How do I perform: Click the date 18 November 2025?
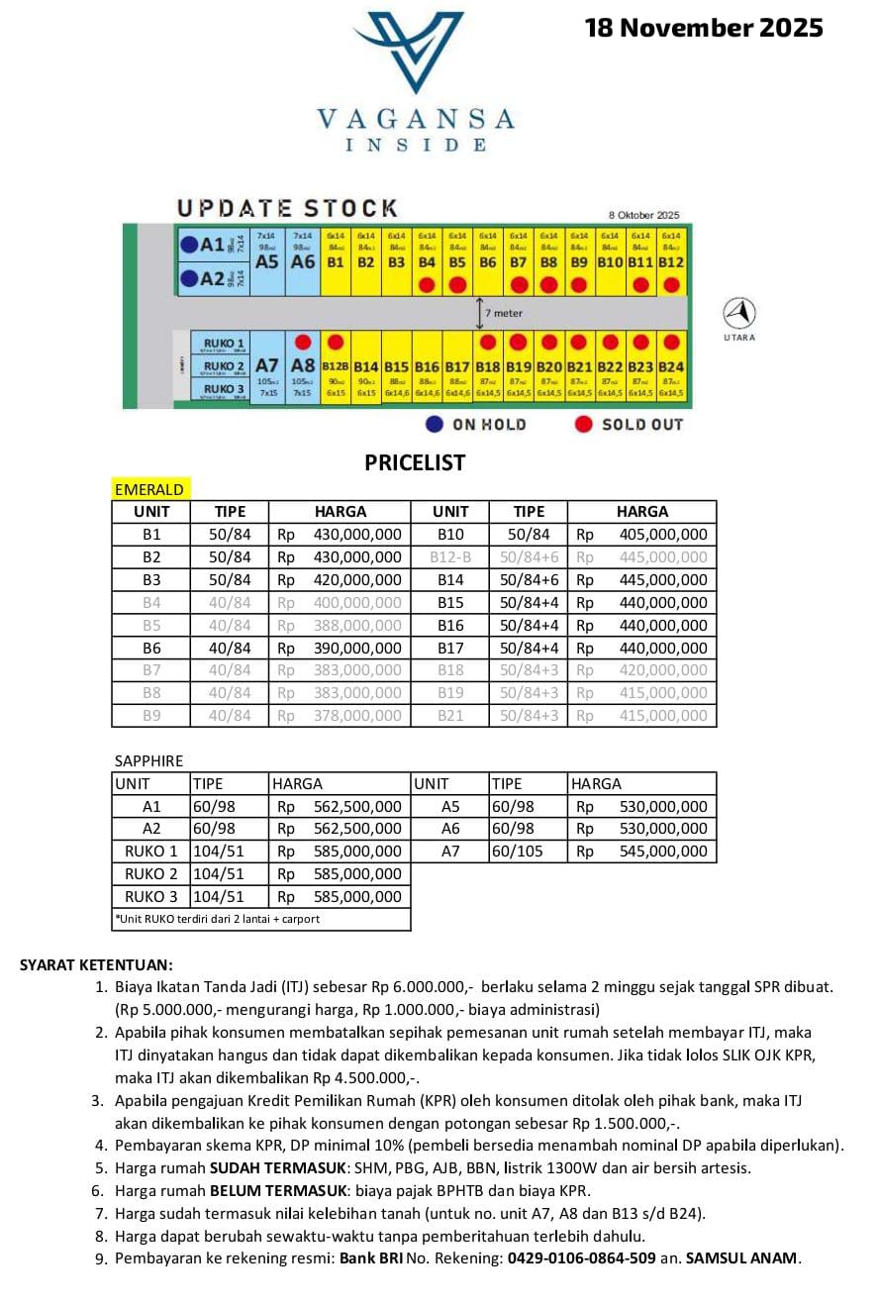tap(704, 28)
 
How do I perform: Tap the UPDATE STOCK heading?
tap(287, 208)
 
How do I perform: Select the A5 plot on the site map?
tap(267, 261)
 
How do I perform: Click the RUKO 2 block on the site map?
tap(225, 366)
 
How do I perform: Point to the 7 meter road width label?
tap(504, 313)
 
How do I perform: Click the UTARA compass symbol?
tap(739, 314)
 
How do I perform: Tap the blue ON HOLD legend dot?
tap(434, 424)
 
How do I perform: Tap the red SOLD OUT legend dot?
tap(584, 424)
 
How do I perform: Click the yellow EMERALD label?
tap(148, 489)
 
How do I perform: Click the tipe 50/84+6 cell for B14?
tap(529, 580)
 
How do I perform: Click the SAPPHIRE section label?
tap(149, 761)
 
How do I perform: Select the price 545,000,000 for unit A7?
tap(663, 852)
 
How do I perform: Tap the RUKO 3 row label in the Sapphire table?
tap(151, 897)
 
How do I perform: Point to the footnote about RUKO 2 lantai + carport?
tap(218, 919)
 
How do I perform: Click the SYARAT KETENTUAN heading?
tap(96, 964)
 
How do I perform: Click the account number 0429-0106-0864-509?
tap(581, 1259)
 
